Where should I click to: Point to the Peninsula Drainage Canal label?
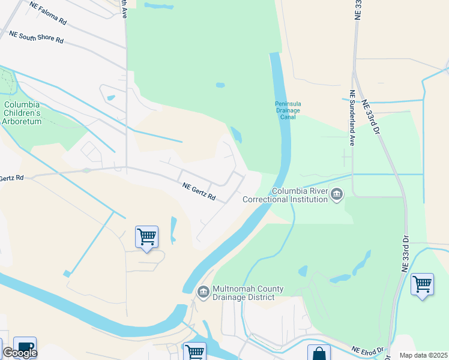tap(288, 110)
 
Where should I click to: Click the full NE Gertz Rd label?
tap(199, 192)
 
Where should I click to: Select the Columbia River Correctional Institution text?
tap(300, 196)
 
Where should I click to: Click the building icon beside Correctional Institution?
tap(337, 194)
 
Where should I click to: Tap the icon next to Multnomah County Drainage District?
tap(203, 292)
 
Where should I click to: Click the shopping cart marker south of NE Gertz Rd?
tap(146, 238)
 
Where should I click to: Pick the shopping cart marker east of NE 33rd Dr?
tap(423, 284)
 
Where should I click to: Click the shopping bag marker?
tap(319, 353)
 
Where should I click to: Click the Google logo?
tap(19, 353)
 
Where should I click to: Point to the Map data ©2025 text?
tap(423, 355)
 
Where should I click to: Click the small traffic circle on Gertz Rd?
tap(87, 170)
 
